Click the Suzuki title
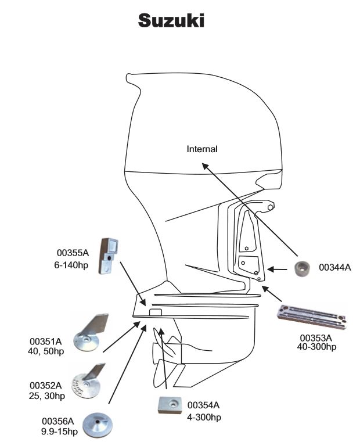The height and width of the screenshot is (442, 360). point(171,21)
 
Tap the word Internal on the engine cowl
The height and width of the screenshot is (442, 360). point(202,149)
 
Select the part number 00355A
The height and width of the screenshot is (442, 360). point(73,253)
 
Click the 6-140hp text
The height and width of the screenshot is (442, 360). point(71,265)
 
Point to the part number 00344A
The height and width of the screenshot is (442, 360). point(335,267)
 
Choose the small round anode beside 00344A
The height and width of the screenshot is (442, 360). point(301,269)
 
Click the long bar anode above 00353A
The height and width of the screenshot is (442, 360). point(312,317)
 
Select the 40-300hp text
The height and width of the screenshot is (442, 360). point(316,347)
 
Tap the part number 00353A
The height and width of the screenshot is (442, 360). point(316,337)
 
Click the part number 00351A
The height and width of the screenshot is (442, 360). point(45,342)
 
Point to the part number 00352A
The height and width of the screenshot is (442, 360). point(45,385)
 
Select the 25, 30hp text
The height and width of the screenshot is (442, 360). point(47,396)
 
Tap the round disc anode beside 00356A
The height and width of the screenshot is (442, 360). point(98,425)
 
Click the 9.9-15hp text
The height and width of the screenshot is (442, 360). point(59,432)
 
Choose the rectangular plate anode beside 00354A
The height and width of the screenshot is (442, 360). point(170,405)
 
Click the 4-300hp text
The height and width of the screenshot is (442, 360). point(204,417)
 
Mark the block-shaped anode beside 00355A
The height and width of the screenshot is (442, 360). point(108,256)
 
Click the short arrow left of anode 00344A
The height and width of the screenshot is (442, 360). point(277,269)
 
